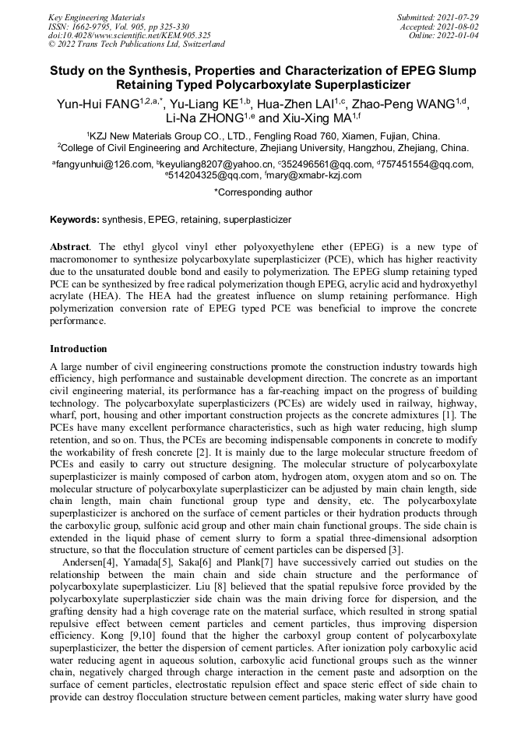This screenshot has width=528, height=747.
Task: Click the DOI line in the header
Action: [129, 35]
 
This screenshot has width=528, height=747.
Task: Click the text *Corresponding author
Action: [263, 192]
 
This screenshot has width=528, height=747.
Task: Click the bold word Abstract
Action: [69, 246]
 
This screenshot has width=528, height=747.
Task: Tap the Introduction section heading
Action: [78, 348]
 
